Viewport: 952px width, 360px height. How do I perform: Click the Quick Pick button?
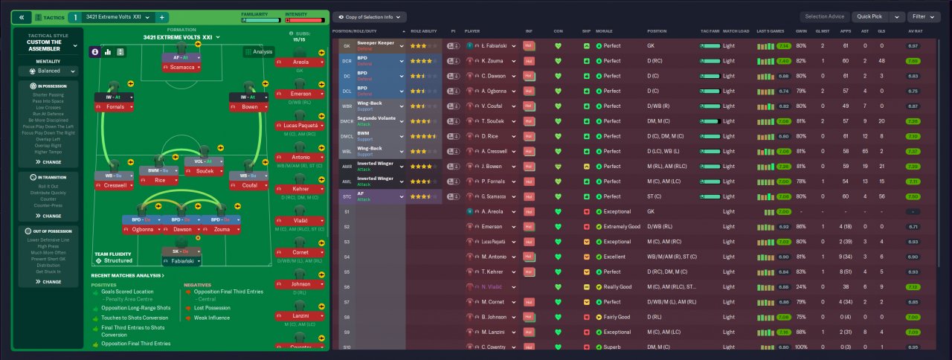tap(867, 16)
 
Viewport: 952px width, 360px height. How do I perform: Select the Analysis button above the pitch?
tap(259, 52)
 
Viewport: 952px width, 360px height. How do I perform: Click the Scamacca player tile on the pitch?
tap(181, 67)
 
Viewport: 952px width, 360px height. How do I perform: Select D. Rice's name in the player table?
tap(490, 136)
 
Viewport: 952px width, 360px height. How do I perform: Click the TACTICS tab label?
tap(54, 16)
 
